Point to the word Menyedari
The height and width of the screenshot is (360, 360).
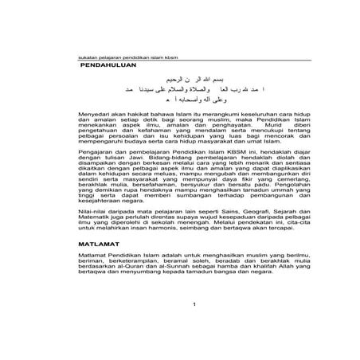click(x=94, y=117)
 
